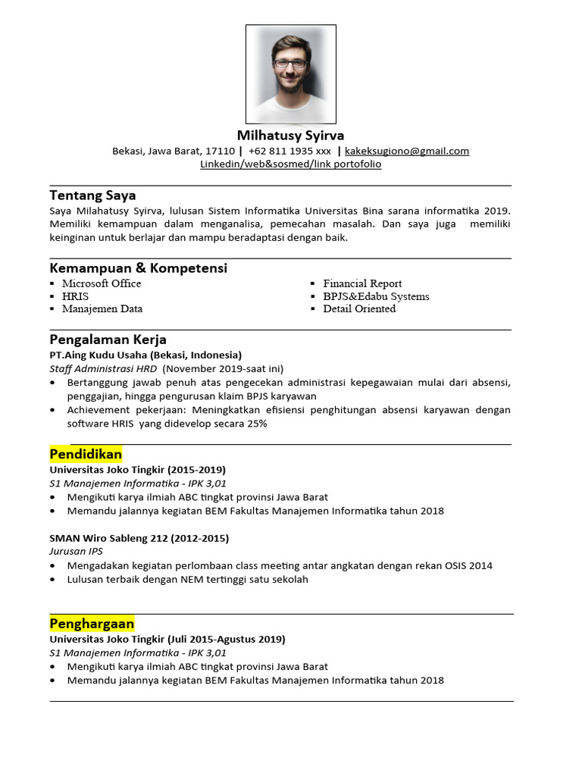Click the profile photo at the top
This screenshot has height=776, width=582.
pos(291,74)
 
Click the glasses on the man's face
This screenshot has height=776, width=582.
pos(290,64)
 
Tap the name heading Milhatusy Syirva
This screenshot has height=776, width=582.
pos(291,136)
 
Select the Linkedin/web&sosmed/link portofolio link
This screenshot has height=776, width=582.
pos(291,164)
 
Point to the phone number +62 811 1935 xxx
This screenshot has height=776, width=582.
pos(289,151)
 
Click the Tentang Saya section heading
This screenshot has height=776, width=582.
pos(92,196)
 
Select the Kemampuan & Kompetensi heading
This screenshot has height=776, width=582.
pos(138,268)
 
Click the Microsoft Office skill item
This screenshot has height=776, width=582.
pos(102,283)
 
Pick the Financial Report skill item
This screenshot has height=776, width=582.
pos(362,283)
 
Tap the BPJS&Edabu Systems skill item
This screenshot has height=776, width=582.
pos(376,296)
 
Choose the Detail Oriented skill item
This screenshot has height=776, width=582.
pos(359,308)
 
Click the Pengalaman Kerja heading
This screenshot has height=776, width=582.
pos(108,339)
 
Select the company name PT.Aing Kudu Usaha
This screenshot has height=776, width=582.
pos(99,355)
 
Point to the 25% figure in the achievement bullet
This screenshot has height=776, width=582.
pos(255,424)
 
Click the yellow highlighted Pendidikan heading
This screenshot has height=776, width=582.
pos(86,454)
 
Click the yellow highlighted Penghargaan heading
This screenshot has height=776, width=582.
pos(92,624)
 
